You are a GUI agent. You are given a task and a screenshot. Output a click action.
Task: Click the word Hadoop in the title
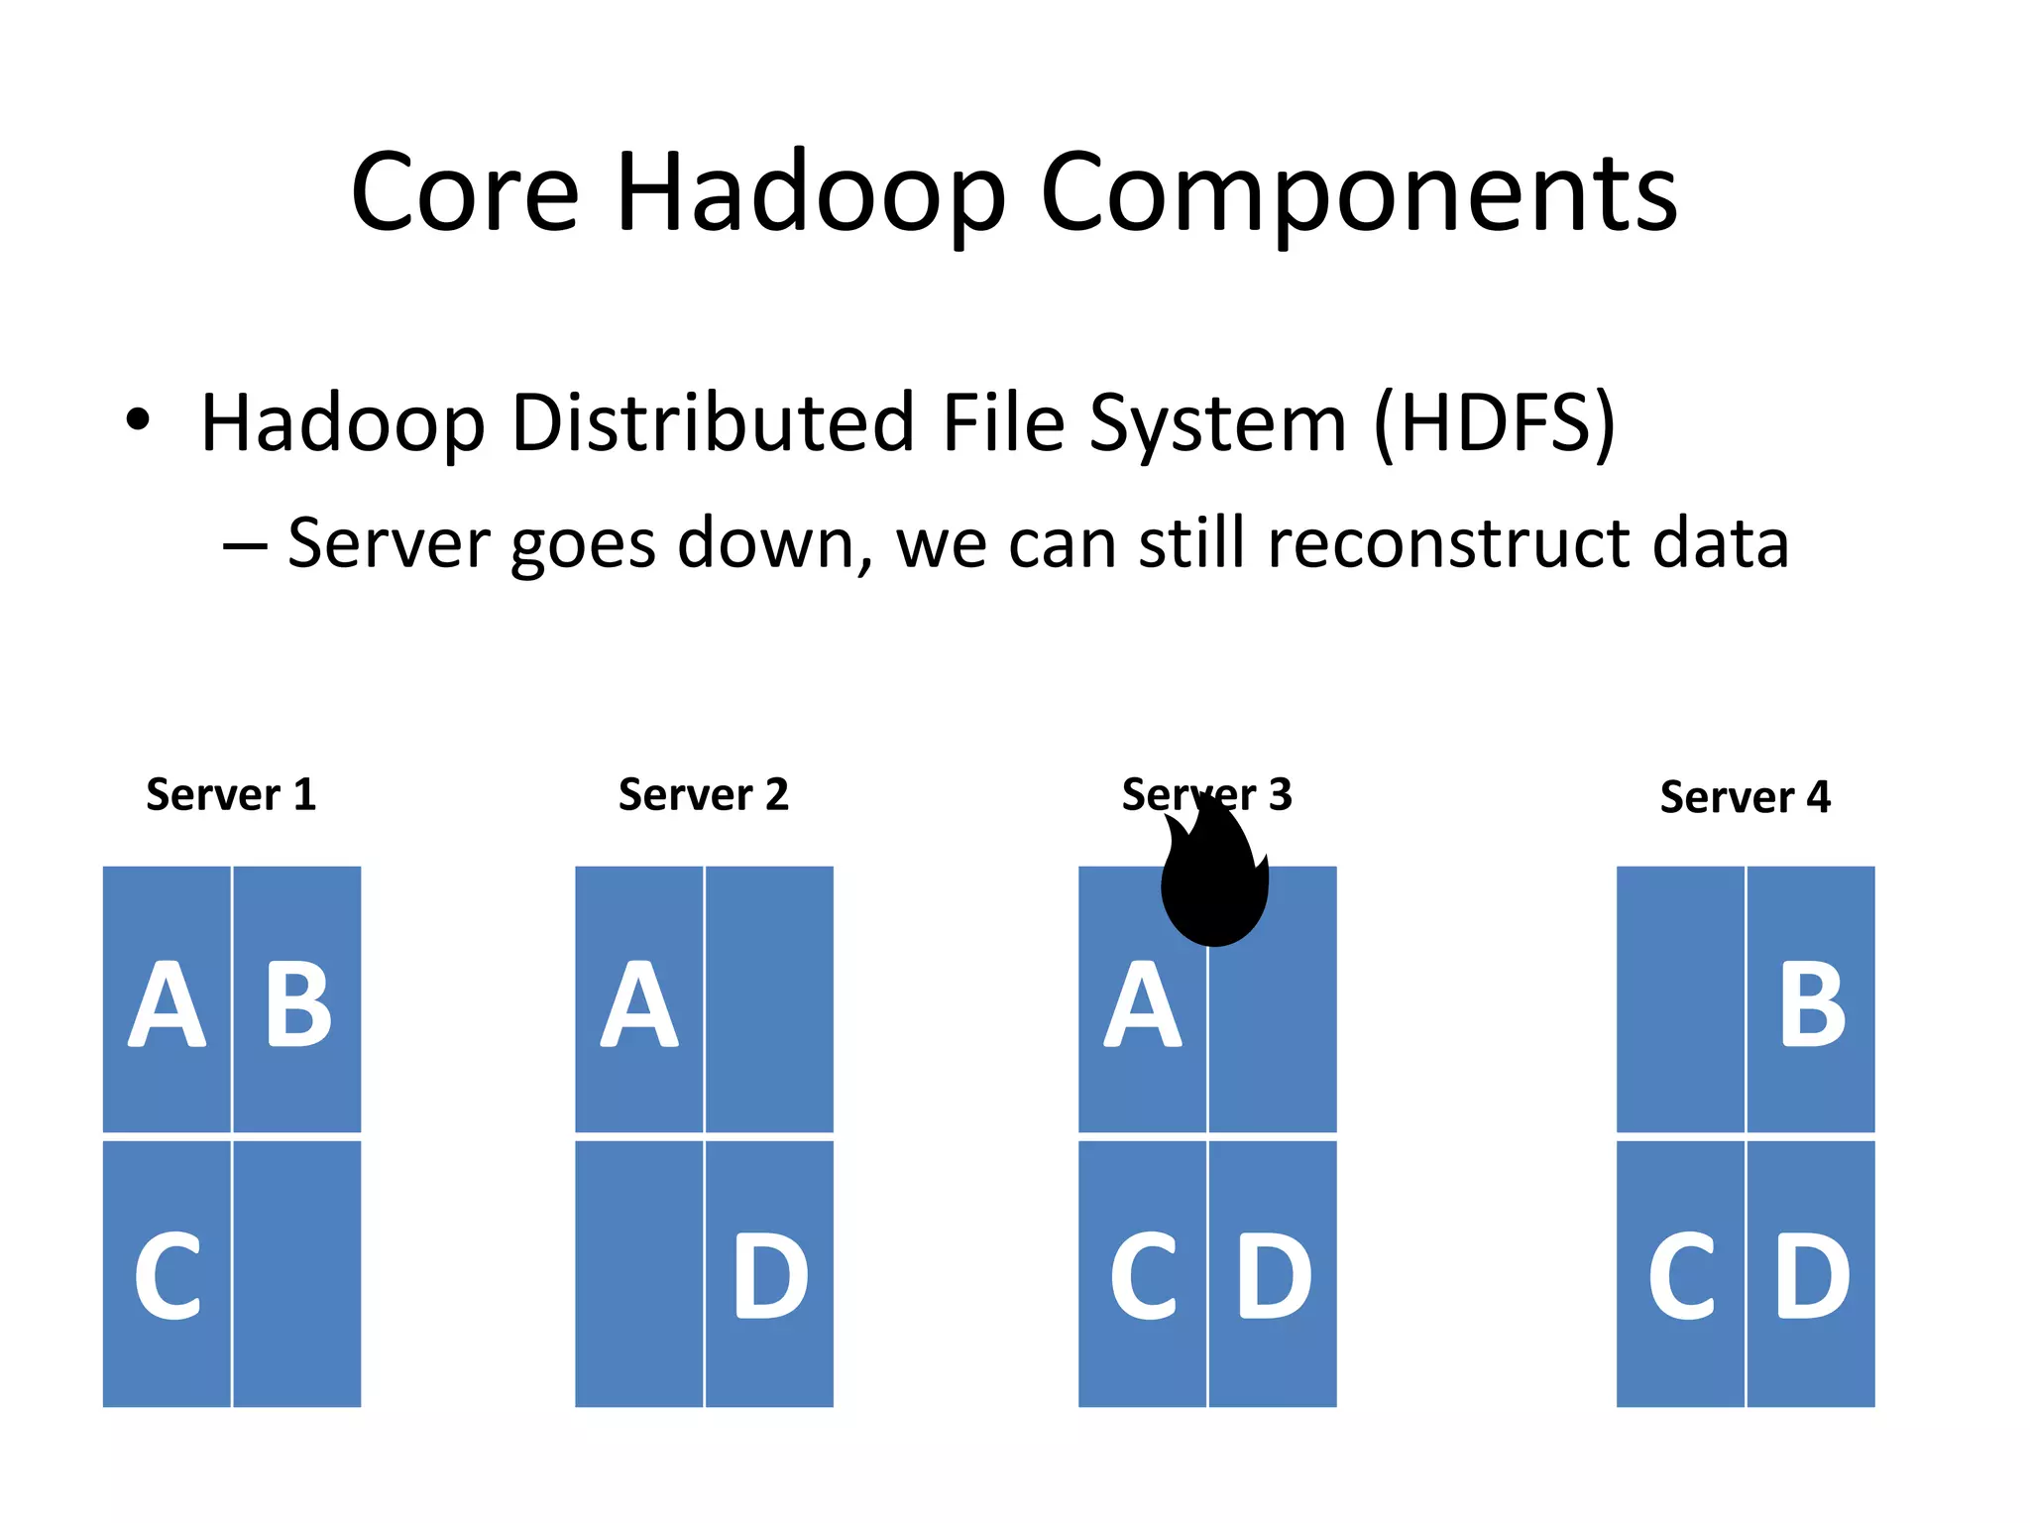pyautogui.click(x=810, y=193)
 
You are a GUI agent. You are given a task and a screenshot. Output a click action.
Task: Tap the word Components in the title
pyautogui.click(x=1358, y=193)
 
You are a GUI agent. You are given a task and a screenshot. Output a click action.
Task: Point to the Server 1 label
pyautogui.click(x=231, y=795)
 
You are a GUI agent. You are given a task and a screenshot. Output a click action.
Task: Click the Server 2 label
pyautogui.click(x=704, y=795)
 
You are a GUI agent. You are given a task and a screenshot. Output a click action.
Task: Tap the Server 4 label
pyautogui.click(x=1745, y=797)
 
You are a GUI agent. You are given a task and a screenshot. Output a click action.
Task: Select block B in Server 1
pyautogui.click(x=297, y=1001)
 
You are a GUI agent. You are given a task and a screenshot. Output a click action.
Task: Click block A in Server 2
pyautogui.click(x=639, y=1001)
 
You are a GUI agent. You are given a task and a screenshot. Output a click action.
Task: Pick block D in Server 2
pyautogui.click(x=769, y=1275)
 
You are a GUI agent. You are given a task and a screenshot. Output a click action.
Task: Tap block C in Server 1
pyautogui.click(x=167, y=1275)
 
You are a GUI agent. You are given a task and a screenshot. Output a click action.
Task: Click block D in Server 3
pyautogui.click(x=1273, y=1275)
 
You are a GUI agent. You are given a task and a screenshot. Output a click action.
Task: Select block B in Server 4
pyautogui.click(x=1811, y=1001)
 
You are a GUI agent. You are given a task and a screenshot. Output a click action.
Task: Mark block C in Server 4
pyautogui.click(x=1680, y=1275)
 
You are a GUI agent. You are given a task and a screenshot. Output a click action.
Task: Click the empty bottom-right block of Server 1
pyautogui.click(x=297, y=1275)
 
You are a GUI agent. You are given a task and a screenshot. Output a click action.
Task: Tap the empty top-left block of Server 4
pyautogui.click(x=1680, y=999)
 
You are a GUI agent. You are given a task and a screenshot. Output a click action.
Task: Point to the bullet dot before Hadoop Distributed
pyautogui.click(x=138, y=420)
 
